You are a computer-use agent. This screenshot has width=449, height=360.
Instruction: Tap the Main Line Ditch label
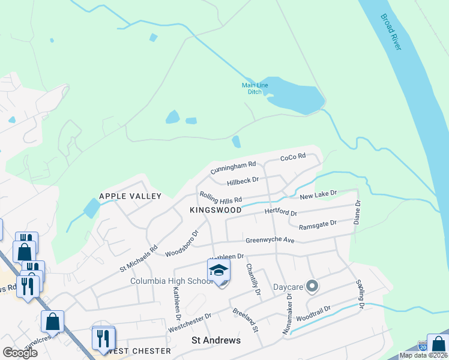coord(255,88)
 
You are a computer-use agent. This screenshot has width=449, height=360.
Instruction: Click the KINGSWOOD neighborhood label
coord(215,210)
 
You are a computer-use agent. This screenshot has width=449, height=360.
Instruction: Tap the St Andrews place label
coord(216,340)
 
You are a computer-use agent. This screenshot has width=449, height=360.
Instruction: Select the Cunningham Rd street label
coord(234,167)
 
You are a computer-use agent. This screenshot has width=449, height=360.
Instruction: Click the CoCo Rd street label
coord(293,157)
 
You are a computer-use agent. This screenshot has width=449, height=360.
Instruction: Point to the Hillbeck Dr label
coord(243,180)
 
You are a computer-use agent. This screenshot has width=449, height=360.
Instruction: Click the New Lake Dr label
coord(319,194)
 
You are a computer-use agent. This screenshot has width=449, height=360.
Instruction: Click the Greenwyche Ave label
coord(270,241)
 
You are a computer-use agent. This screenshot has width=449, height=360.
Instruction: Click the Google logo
coord(20,353)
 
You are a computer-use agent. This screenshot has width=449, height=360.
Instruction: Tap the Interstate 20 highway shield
coord(423,346)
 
